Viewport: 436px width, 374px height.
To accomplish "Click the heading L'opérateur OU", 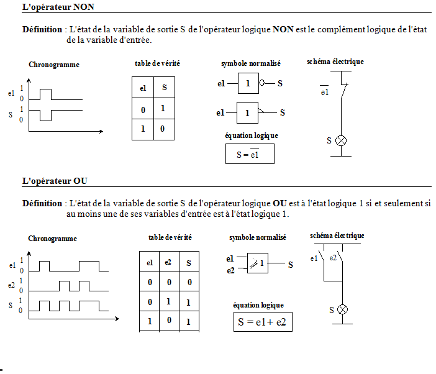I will tap(55, 181).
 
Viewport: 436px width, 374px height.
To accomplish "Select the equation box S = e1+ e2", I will tap(263, 322).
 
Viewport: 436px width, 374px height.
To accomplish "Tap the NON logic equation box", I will tap(250, 153).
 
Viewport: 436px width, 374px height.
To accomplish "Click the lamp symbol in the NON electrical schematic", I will tap(340, 140).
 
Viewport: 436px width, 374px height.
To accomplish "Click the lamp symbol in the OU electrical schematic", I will tap(342, 309).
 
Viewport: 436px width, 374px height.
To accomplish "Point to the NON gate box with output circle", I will tap(248, 83).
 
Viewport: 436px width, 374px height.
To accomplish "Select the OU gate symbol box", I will tap(258, 263).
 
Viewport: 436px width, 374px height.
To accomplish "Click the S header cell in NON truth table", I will tap(165, 88).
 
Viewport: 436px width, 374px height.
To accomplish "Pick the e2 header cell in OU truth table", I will tap(168, 263).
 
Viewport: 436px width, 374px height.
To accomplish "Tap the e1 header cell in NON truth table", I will tap(143, 88).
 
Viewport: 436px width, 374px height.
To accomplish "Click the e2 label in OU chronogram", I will tap(12, 285).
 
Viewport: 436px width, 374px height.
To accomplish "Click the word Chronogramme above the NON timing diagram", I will tap(54, 65).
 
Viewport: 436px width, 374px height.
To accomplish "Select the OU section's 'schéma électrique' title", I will tap(337, 235).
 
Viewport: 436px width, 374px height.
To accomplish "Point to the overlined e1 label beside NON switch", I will tap(324, 93).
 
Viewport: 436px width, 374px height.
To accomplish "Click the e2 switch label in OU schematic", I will tap(334, 257).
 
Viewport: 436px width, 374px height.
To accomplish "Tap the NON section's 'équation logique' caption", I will tap(252, 135).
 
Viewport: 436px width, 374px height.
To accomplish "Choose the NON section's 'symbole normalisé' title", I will tap(250, 63).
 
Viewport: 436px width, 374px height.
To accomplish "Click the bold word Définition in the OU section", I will tap(42, 203).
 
